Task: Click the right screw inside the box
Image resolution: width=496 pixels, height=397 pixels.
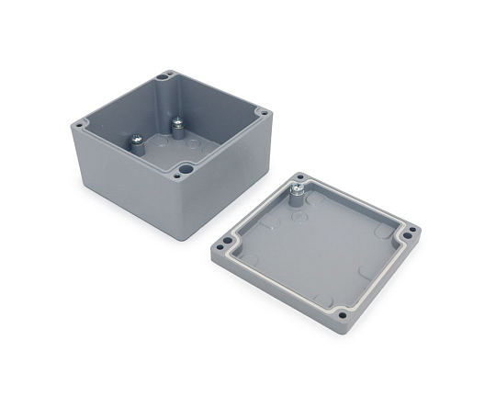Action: point(177,122)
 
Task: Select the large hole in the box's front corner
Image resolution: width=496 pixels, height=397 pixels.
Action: point(186,169)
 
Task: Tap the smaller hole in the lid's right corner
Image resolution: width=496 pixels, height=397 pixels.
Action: point(412,230)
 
